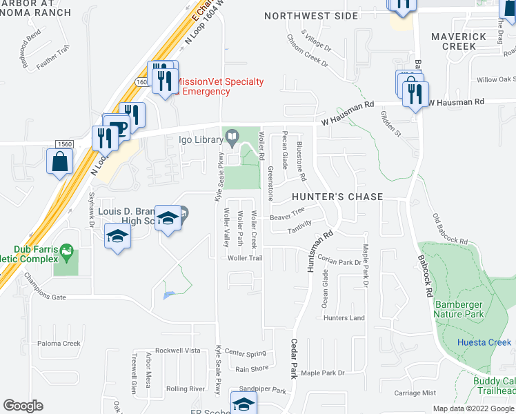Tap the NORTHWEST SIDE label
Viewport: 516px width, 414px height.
pos(311,16)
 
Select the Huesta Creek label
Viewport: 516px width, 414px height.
pos(484,342)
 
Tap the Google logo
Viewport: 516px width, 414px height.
pos(23,406)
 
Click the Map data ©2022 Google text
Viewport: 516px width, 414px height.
pos(473,408)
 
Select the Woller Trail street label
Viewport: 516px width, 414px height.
pos(246,258)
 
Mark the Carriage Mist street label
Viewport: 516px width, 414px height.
pos(415,393)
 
